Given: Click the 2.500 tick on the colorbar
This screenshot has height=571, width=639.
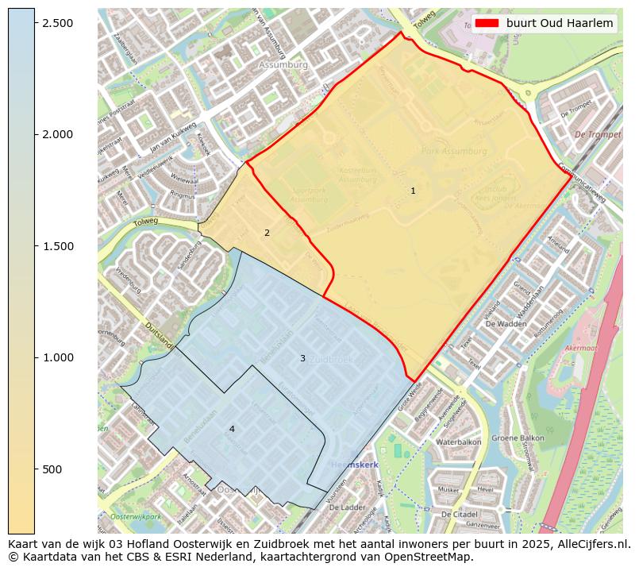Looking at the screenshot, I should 58,22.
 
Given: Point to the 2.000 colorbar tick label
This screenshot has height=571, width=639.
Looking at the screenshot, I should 58,134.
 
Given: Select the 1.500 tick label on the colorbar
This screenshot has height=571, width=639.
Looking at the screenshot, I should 58,246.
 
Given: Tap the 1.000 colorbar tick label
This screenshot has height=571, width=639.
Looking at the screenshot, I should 58,357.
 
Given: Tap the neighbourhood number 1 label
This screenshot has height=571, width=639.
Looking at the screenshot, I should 413,191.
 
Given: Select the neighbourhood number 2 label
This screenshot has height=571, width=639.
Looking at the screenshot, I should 267,233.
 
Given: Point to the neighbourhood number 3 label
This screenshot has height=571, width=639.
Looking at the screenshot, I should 302,358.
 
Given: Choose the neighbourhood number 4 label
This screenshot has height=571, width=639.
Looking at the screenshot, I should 232,429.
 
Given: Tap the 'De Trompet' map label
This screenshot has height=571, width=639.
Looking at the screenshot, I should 597,135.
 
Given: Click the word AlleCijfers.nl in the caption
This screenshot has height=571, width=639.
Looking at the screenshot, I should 591,544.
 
